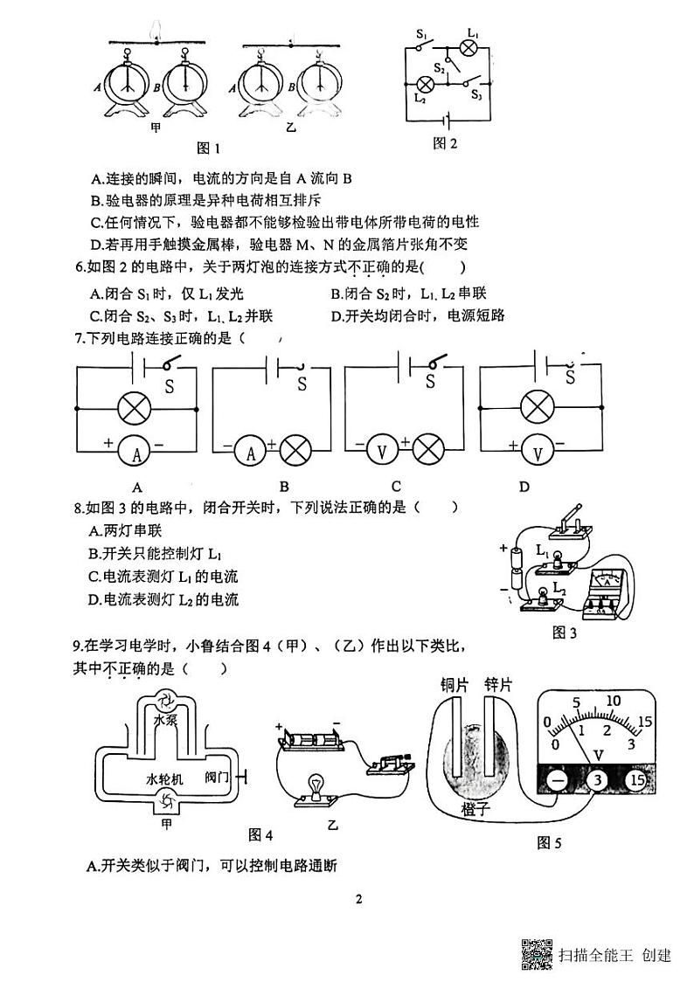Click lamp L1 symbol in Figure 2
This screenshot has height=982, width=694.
(469, 48)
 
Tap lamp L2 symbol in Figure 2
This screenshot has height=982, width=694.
(427, 84)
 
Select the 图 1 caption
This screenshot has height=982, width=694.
(208, 149)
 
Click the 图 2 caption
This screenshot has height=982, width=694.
(446, 143)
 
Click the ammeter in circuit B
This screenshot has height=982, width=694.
(251, 450)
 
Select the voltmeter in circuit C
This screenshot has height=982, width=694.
(382, 450)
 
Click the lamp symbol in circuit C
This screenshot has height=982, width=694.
(429, 449)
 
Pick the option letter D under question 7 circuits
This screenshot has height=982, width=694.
(525, 487)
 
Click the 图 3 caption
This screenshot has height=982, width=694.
(565, 633)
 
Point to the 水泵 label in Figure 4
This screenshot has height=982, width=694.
(166, 720)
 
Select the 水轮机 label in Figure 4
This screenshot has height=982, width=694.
(164, 778)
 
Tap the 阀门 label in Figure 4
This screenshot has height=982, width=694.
(216, 778)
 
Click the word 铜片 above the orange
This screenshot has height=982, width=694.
(455, 685)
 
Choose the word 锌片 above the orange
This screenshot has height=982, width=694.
(498, 685)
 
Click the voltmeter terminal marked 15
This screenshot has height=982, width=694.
(637, 780)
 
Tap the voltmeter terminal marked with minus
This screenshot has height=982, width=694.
(558, 780)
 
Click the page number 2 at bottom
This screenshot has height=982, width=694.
(359, 899)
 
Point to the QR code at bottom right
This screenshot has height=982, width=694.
(538, 954)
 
